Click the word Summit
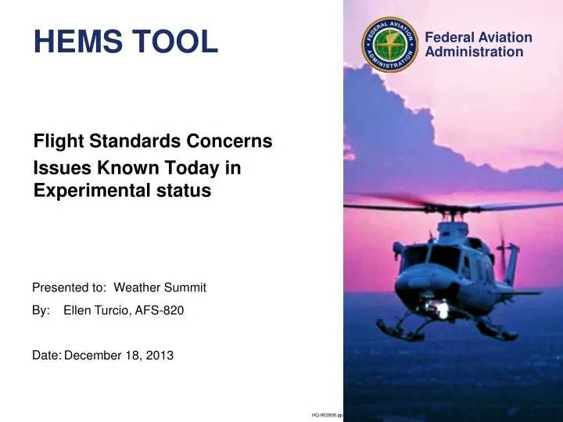[185, 288]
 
